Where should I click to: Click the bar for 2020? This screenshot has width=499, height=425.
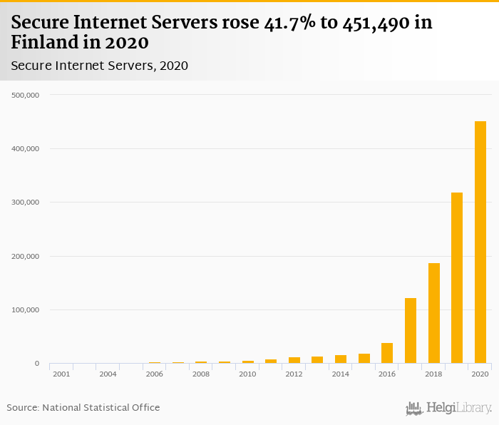click(480, 242)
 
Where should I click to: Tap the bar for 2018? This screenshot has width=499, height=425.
click(434, 313)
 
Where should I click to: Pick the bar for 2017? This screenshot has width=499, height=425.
click(411, 331)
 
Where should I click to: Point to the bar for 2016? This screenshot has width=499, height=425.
click(387, 353)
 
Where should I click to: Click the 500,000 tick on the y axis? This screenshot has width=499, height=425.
click(26, 95)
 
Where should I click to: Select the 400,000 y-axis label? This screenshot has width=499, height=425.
click(26, 149)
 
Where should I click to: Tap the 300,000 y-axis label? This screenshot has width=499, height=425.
click(26, 203)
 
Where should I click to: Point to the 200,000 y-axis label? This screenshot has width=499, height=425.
click(26, 257)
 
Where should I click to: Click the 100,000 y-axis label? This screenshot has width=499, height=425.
click(26, 310)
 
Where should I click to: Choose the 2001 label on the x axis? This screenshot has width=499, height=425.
click(61, 374)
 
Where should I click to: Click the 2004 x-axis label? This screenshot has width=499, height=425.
click(108, 374)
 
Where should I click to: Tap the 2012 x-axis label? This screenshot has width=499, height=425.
click(294, 374)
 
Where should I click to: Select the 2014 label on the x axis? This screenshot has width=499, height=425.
click(341, 374)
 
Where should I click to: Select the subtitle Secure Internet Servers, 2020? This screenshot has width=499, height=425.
click(99, 66)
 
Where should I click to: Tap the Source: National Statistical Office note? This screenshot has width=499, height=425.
click(83, 408)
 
